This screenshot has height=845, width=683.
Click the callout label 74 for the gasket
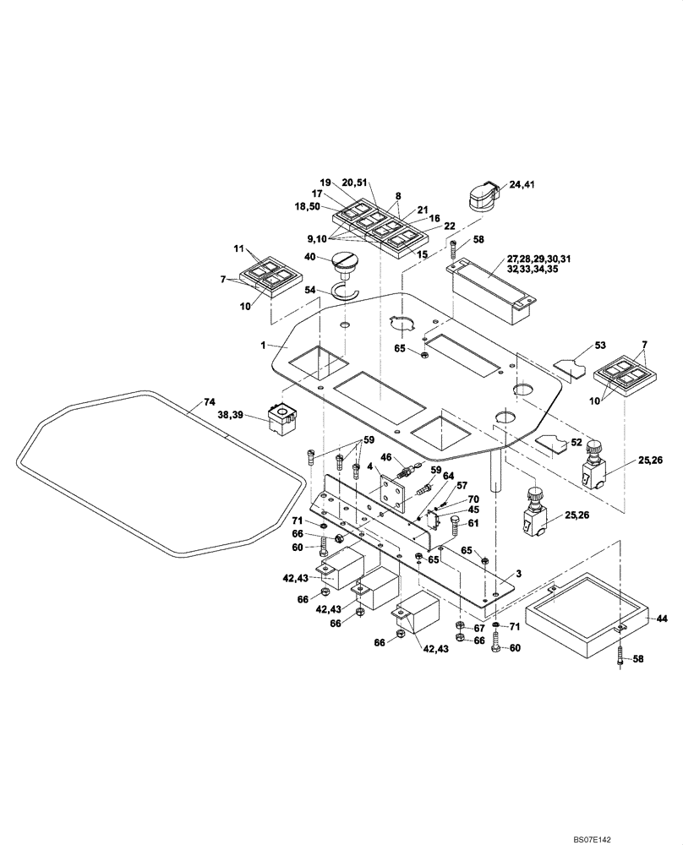click(x=208, y=403)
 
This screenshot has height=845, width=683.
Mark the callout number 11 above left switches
click(x=238, y=250)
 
